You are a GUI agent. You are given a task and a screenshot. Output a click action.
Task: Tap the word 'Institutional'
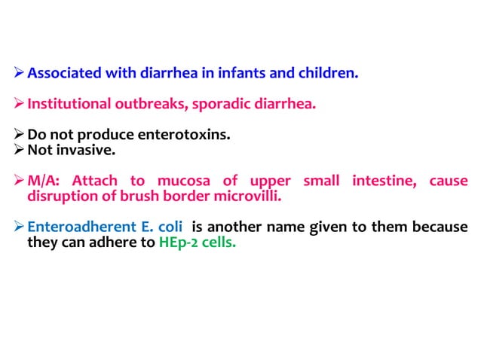click(x=69, y=104)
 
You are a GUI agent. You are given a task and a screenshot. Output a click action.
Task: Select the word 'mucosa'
click(x=185, y=182)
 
